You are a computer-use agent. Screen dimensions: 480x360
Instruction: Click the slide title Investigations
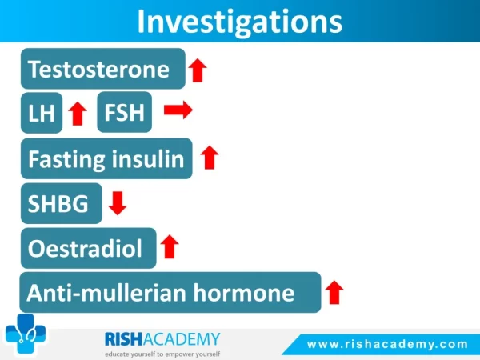(x=240, y=22)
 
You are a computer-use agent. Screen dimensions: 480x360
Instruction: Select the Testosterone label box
(x=103, y=69)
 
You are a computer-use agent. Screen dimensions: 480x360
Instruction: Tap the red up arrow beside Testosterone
(x=198, y=70)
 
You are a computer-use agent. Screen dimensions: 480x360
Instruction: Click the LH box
(x=42, y=113)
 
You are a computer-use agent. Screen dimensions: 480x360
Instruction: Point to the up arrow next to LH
(x=78, y=114)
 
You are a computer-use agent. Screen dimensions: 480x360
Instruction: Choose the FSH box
(x=124, y=112)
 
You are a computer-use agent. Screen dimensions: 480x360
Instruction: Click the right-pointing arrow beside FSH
(x=178, y=110)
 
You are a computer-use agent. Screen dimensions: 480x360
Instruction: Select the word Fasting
(x=66, y=159)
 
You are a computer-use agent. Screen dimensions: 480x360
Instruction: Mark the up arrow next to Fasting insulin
(x=210, y=158)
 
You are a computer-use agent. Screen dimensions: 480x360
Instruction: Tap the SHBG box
(x=62, y=203)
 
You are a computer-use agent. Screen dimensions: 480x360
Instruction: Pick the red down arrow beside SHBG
(x=118, y=203)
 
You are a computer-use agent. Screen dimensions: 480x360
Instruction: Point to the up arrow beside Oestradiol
(x=170, y=246)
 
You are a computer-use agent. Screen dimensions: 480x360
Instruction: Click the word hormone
(x=244, y=293)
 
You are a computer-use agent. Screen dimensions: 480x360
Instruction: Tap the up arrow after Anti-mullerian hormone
(x=334, y=292)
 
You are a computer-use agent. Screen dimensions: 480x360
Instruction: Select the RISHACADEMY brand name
(x=162, y=339)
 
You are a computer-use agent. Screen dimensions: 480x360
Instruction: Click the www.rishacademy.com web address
(x=387, y=344)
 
